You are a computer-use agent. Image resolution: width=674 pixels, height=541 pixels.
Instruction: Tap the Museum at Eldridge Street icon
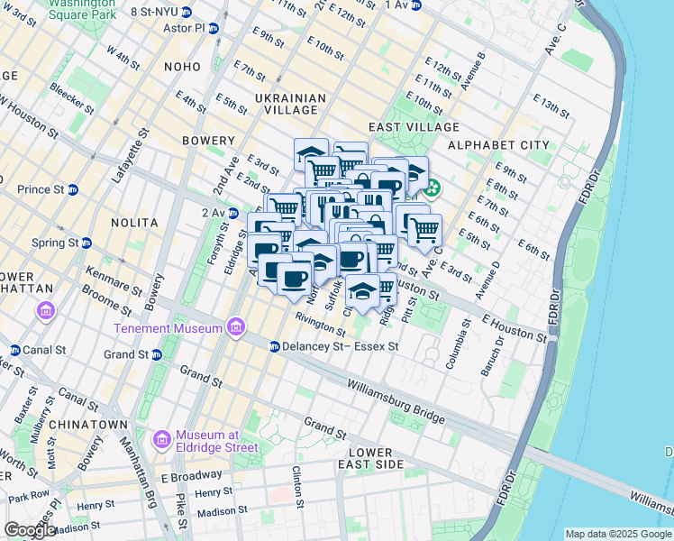[x=163, y=439]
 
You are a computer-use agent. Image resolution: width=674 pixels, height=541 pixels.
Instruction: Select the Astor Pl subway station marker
[x=214, y=29]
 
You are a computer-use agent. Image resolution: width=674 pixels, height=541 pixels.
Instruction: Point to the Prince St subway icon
[x=73, y=189]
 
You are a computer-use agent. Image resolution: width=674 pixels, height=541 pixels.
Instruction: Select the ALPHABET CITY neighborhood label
[x=498, y=145]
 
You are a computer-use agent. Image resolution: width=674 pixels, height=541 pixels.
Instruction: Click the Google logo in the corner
[x=29, y=530]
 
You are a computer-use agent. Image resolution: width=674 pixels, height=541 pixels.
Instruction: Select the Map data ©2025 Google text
[x=618, y=534]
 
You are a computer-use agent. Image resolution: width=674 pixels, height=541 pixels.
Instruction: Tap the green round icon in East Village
[x=433, y=189]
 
